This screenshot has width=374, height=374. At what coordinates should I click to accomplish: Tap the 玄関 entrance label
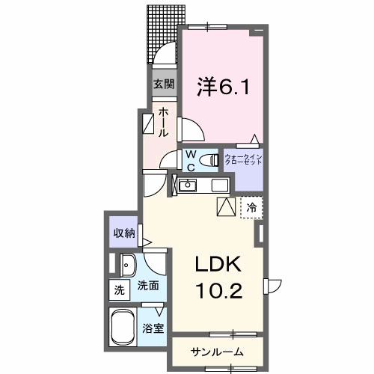pyautogui.click(x=164, y=84)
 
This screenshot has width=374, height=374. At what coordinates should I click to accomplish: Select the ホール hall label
pyautogui.click(x=164, y=121)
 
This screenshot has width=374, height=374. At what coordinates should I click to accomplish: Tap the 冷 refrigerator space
pyautogui.click(x=252, y=207)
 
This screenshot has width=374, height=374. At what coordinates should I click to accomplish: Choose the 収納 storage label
pyautogui.click(x=124, y=233)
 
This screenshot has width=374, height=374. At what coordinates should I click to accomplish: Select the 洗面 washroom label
pyautogui.click(x=146, y=286)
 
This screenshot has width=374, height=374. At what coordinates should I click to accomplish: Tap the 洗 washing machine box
pyautogui.click(x=118, y=289)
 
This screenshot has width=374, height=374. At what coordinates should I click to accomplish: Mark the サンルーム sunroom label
pyautogui.click(x=216, y=351)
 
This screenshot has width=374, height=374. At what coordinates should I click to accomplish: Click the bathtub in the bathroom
pyautogui.click(x=124, y=328)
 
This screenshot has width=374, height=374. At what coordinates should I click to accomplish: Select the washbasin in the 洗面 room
pyautogui.click(x=127, y=263)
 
